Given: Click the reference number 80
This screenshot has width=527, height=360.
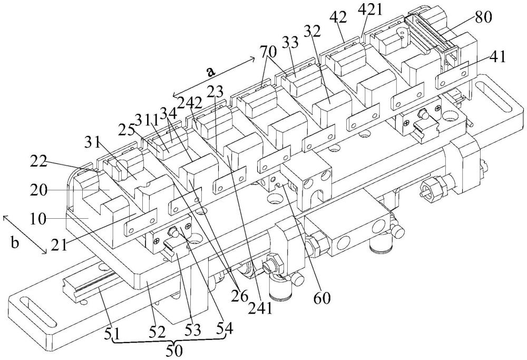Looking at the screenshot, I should (x=483, y=17).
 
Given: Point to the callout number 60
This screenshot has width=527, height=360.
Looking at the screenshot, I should (x=322, y=298).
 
